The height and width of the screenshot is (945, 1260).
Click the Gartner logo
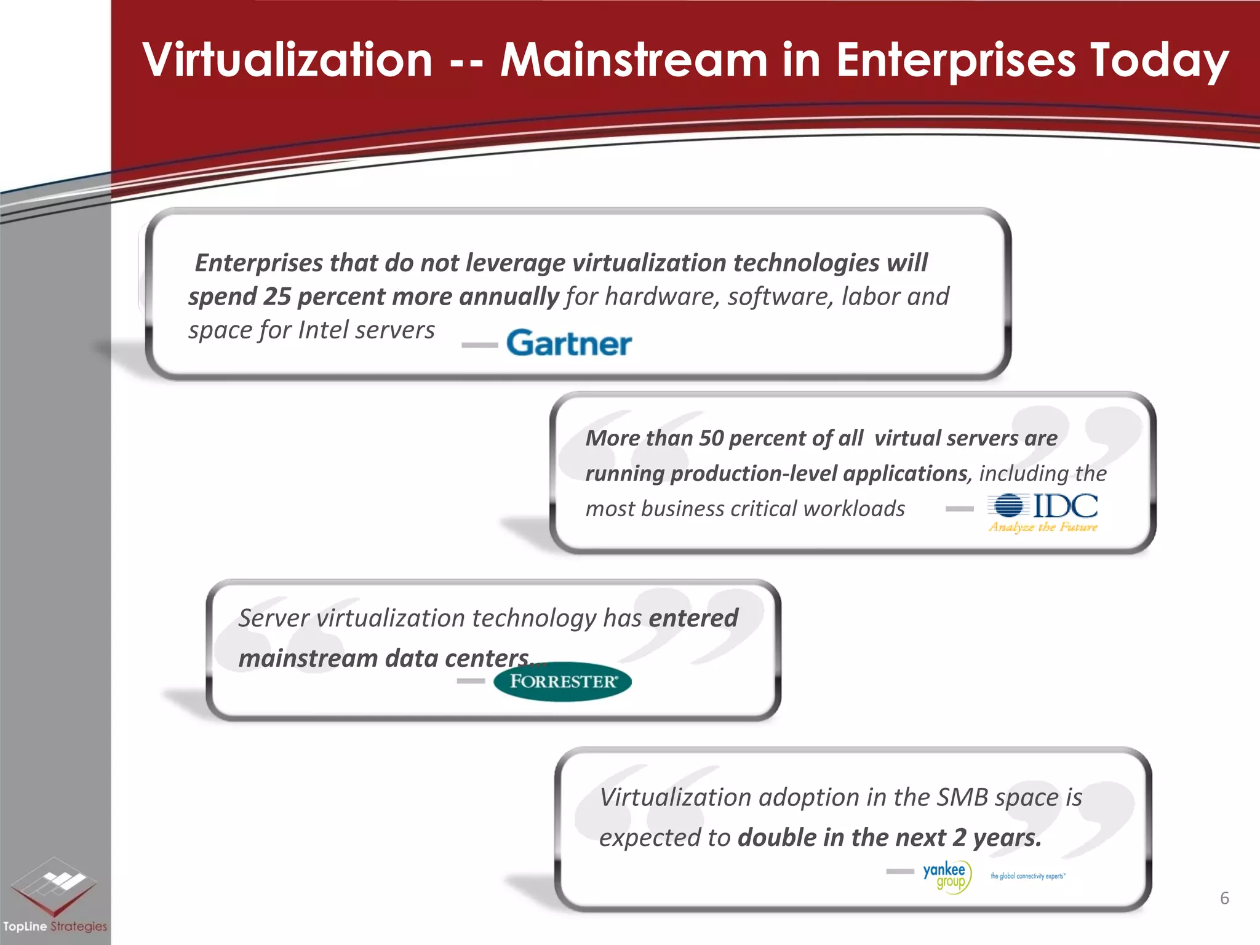(569, 343)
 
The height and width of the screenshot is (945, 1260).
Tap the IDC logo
(1043, 506)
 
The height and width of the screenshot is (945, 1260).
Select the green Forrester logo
(562, 682)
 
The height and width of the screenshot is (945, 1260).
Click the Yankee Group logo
(947, 876)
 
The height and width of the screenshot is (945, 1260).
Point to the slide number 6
(1224, 898)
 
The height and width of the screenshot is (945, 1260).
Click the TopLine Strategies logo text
(55, 926)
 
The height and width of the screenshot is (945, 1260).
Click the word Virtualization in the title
(288, 60)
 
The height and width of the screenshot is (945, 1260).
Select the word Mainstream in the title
(634, 60)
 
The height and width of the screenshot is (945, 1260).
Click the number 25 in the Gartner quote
(277, 297)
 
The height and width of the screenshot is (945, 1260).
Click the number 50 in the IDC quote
(711, 438)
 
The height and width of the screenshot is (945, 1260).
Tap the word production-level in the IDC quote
(754, 473)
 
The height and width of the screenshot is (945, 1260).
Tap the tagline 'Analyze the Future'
(1043, 527)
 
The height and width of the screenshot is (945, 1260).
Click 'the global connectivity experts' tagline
(1027, 876)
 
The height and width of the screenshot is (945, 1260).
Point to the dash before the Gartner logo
(479, 345)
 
